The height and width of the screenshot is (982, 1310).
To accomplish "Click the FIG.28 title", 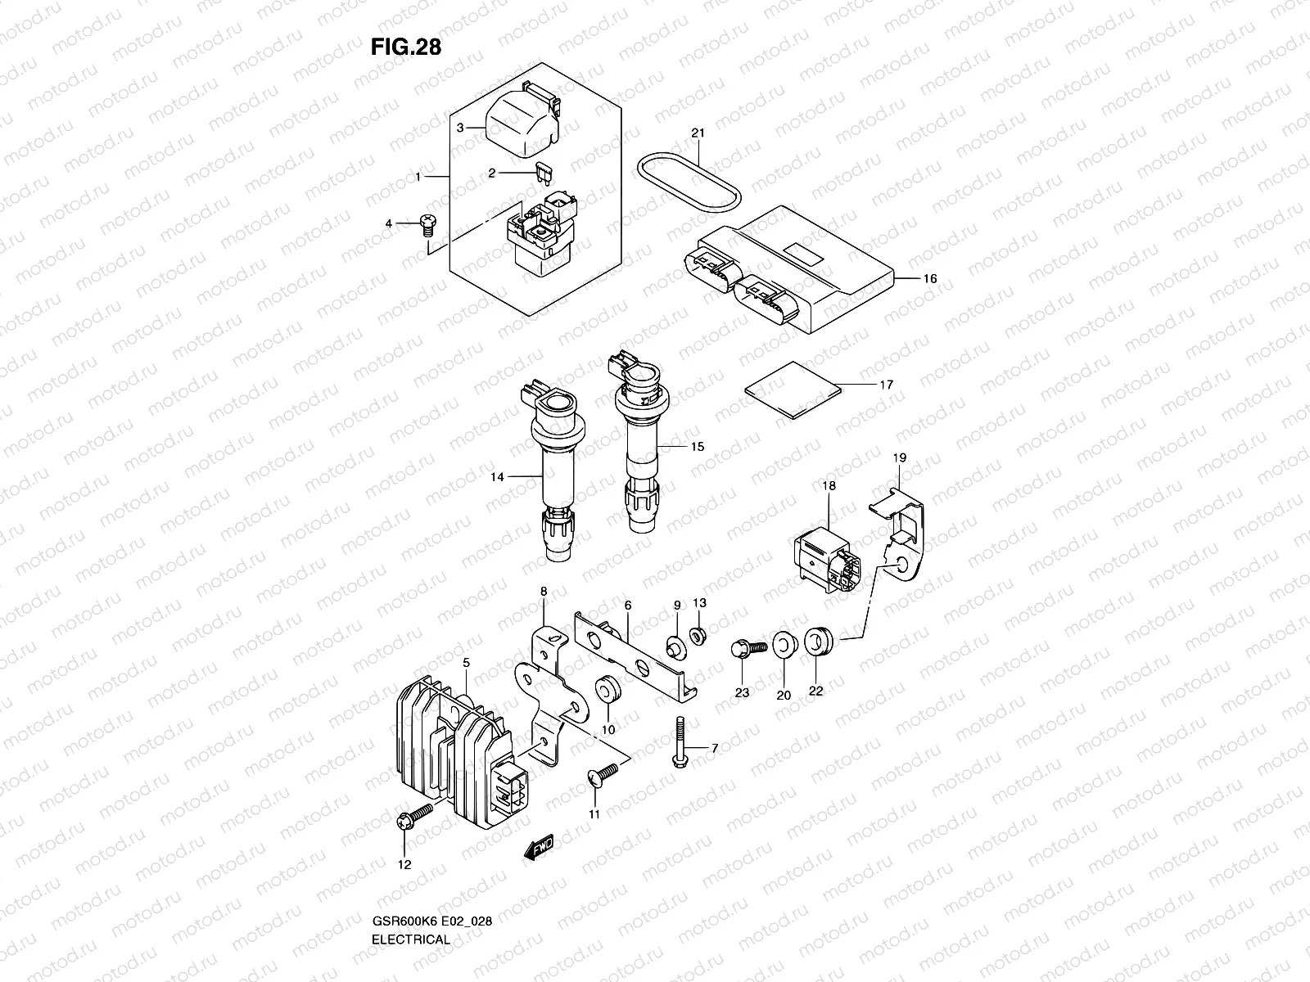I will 405,47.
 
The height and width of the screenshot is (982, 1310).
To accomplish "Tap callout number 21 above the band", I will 698,133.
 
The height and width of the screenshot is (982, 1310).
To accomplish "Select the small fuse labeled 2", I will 540,172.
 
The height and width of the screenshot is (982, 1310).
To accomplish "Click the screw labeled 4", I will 425,223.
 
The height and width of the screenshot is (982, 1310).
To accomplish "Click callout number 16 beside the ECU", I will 929,279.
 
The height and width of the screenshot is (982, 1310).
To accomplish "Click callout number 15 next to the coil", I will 697,448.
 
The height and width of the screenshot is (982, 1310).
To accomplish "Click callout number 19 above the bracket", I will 899,458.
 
